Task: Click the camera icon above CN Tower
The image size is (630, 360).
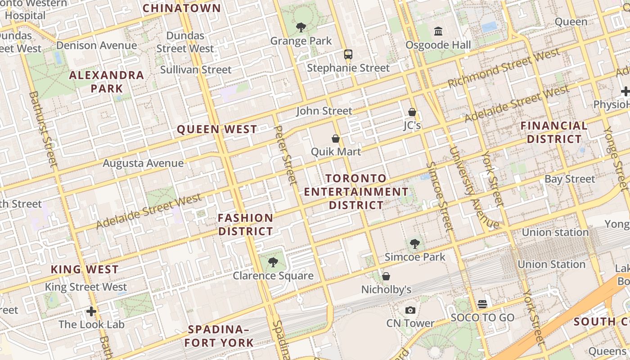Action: click(x=410, y=310)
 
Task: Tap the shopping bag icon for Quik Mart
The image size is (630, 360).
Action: click(x=335, y=139)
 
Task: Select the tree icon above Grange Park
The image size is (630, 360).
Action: click(x=301, y=27)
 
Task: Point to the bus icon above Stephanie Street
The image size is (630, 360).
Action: click(x=348, y=54)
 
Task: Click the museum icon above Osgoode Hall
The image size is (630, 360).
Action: click(x=438, y=31)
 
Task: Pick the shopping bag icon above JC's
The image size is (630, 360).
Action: click(x=412, y=112)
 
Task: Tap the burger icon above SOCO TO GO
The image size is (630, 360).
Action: click(x=482, y=304)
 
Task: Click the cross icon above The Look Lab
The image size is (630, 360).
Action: click(x=91, y=311)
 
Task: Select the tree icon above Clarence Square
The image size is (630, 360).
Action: click(x=273, y=262)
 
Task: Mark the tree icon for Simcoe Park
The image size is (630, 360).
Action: click(x=414, y=244)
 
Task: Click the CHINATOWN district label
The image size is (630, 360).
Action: click(x=182, y=8)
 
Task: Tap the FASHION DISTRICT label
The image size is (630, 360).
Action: click(x=246, y=225)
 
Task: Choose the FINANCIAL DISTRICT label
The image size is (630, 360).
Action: click(x=554, y=132)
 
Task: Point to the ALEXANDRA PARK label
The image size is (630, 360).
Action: click(x=107, y=81)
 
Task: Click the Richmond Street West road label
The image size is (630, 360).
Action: click(x=504, y=68)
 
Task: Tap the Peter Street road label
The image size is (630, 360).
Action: click(x=286, y=155)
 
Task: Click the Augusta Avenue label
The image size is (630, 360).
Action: click(x=143, y=163)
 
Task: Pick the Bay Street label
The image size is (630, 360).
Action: click(x=570, y=179)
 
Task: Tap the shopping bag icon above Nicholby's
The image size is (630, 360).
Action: click(x=386, y=276)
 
